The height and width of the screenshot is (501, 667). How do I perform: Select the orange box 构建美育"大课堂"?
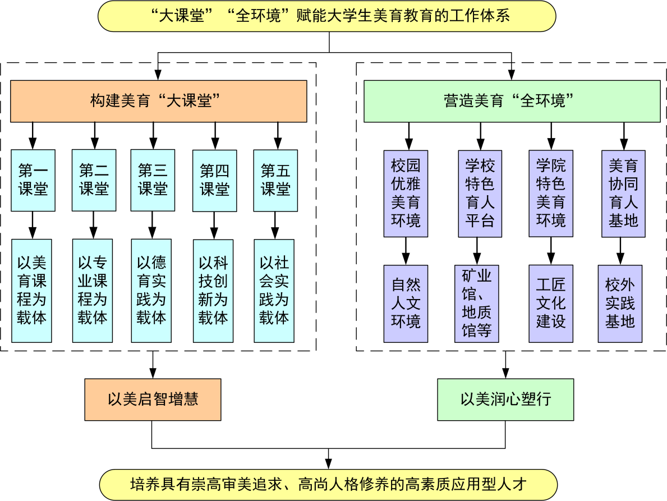tap(159, 101)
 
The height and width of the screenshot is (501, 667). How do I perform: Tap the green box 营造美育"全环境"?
tap(512, 101)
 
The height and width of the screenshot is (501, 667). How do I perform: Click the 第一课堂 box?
tap(33, 180)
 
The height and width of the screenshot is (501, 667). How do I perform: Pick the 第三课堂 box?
tap(153, 180)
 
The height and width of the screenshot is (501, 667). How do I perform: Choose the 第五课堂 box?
tap(275, 180)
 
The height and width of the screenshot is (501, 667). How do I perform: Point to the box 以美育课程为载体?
tap(32, 290)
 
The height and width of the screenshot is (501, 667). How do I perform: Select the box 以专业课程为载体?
tap(93, 290)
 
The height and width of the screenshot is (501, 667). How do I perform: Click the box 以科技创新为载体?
tap(213, 290)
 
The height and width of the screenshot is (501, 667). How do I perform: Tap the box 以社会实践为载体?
tap(274, 290)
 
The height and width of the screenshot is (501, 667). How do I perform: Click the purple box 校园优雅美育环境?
tap(406, 193)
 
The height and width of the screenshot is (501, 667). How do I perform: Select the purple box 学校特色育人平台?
tap(480, 193)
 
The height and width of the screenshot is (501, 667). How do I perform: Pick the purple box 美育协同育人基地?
tap(623, 193)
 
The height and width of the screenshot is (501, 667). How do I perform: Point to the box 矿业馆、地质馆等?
tap(476, 304)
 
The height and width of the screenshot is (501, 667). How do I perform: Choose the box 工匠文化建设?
tap(551, 304)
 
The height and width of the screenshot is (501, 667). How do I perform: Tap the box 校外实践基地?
tap(620, 304)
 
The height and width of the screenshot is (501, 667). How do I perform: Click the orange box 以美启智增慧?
tap(153, 399)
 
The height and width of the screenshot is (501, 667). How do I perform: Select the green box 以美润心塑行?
tap(505, 399)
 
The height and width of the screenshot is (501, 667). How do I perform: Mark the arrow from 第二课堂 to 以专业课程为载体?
tap(94, 225)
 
